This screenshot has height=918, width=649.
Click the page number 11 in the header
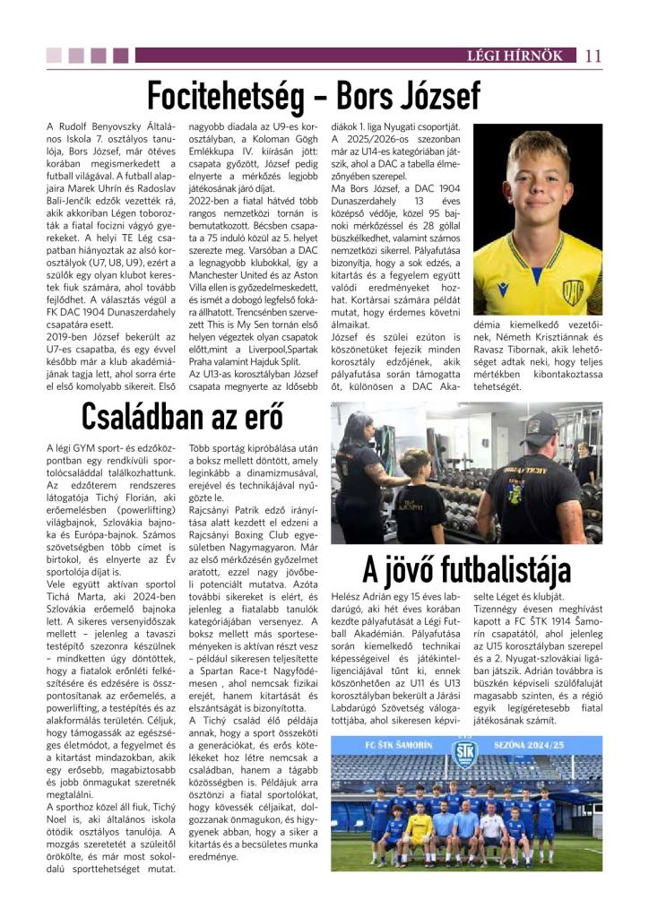pyautogui.click(x=593, y=56)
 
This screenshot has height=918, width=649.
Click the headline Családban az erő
pyautogui.click(x=182, y=416)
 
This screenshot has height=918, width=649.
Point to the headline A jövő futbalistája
pyautogui.click(x=466, y=570)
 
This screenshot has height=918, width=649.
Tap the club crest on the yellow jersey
pyautogui.click(x=571, y=290)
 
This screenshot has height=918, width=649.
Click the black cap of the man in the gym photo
pyautogui.click(x=542, y=425)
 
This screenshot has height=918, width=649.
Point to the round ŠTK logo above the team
pyautogui.click(x=465, y=749)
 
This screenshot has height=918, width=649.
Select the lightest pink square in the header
pyautogui.click(x=54, y=56)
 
